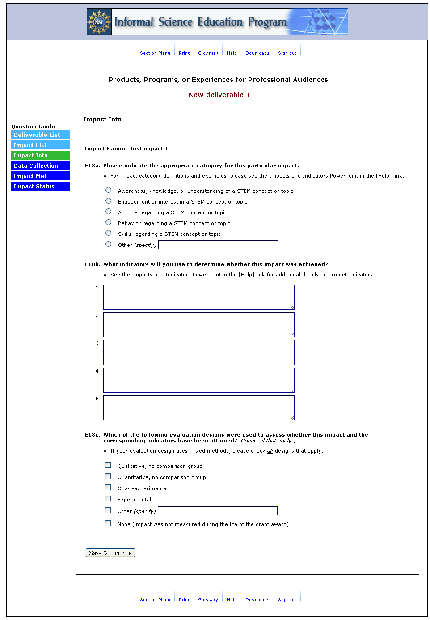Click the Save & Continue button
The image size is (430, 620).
click(x=110, y=553)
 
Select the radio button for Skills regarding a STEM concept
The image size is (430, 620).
click(x=108, y=233)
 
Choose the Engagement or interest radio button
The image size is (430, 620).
click(x=108, y=201)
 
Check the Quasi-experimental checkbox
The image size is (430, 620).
click(x=108, y=488)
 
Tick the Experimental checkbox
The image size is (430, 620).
click(x=108, y=499)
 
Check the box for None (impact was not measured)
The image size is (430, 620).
click(x=108, y=523)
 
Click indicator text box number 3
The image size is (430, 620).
click(x=198, y=352)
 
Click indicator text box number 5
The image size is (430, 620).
click(x=198, y=408)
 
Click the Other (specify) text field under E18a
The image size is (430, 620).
click(x=218, y=245)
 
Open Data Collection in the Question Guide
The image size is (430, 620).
click(x=40, y=166)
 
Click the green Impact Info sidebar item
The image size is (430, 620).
click(x=40, y=156)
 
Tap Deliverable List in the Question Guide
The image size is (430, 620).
click(x=40, y=135)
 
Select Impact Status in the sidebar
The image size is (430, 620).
click(x=40, y=187)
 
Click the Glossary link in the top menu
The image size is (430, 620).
click(x=208, y=53)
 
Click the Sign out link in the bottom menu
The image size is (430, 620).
click(x=287, y=600)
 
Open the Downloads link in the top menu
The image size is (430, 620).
click(x=257, y=53)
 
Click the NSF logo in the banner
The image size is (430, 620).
click(x=99, y=22)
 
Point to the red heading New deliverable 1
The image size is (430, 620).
click(x=219, y=95)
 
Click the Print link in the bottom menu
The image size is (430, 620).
click(x=184, y=600)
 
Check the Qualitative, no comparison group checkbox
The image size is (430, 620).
click(x=108, y=465)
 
